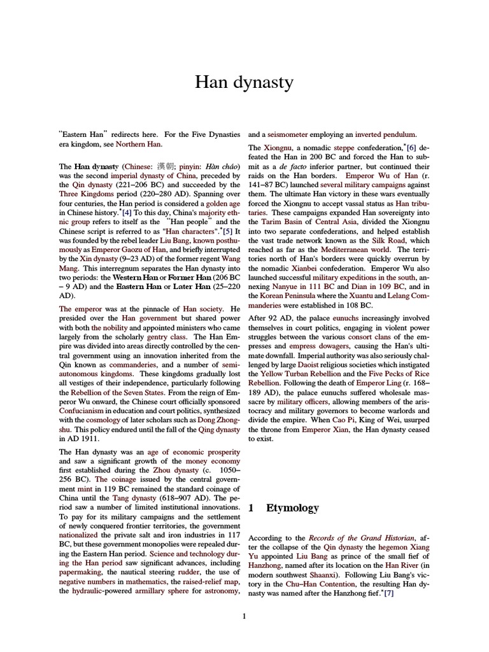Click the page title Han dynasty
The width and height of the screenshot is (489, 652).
244,82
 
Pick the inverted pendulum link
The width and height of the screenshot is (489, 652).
386,134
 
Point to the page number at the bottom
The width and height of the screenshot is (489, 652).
244,616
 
